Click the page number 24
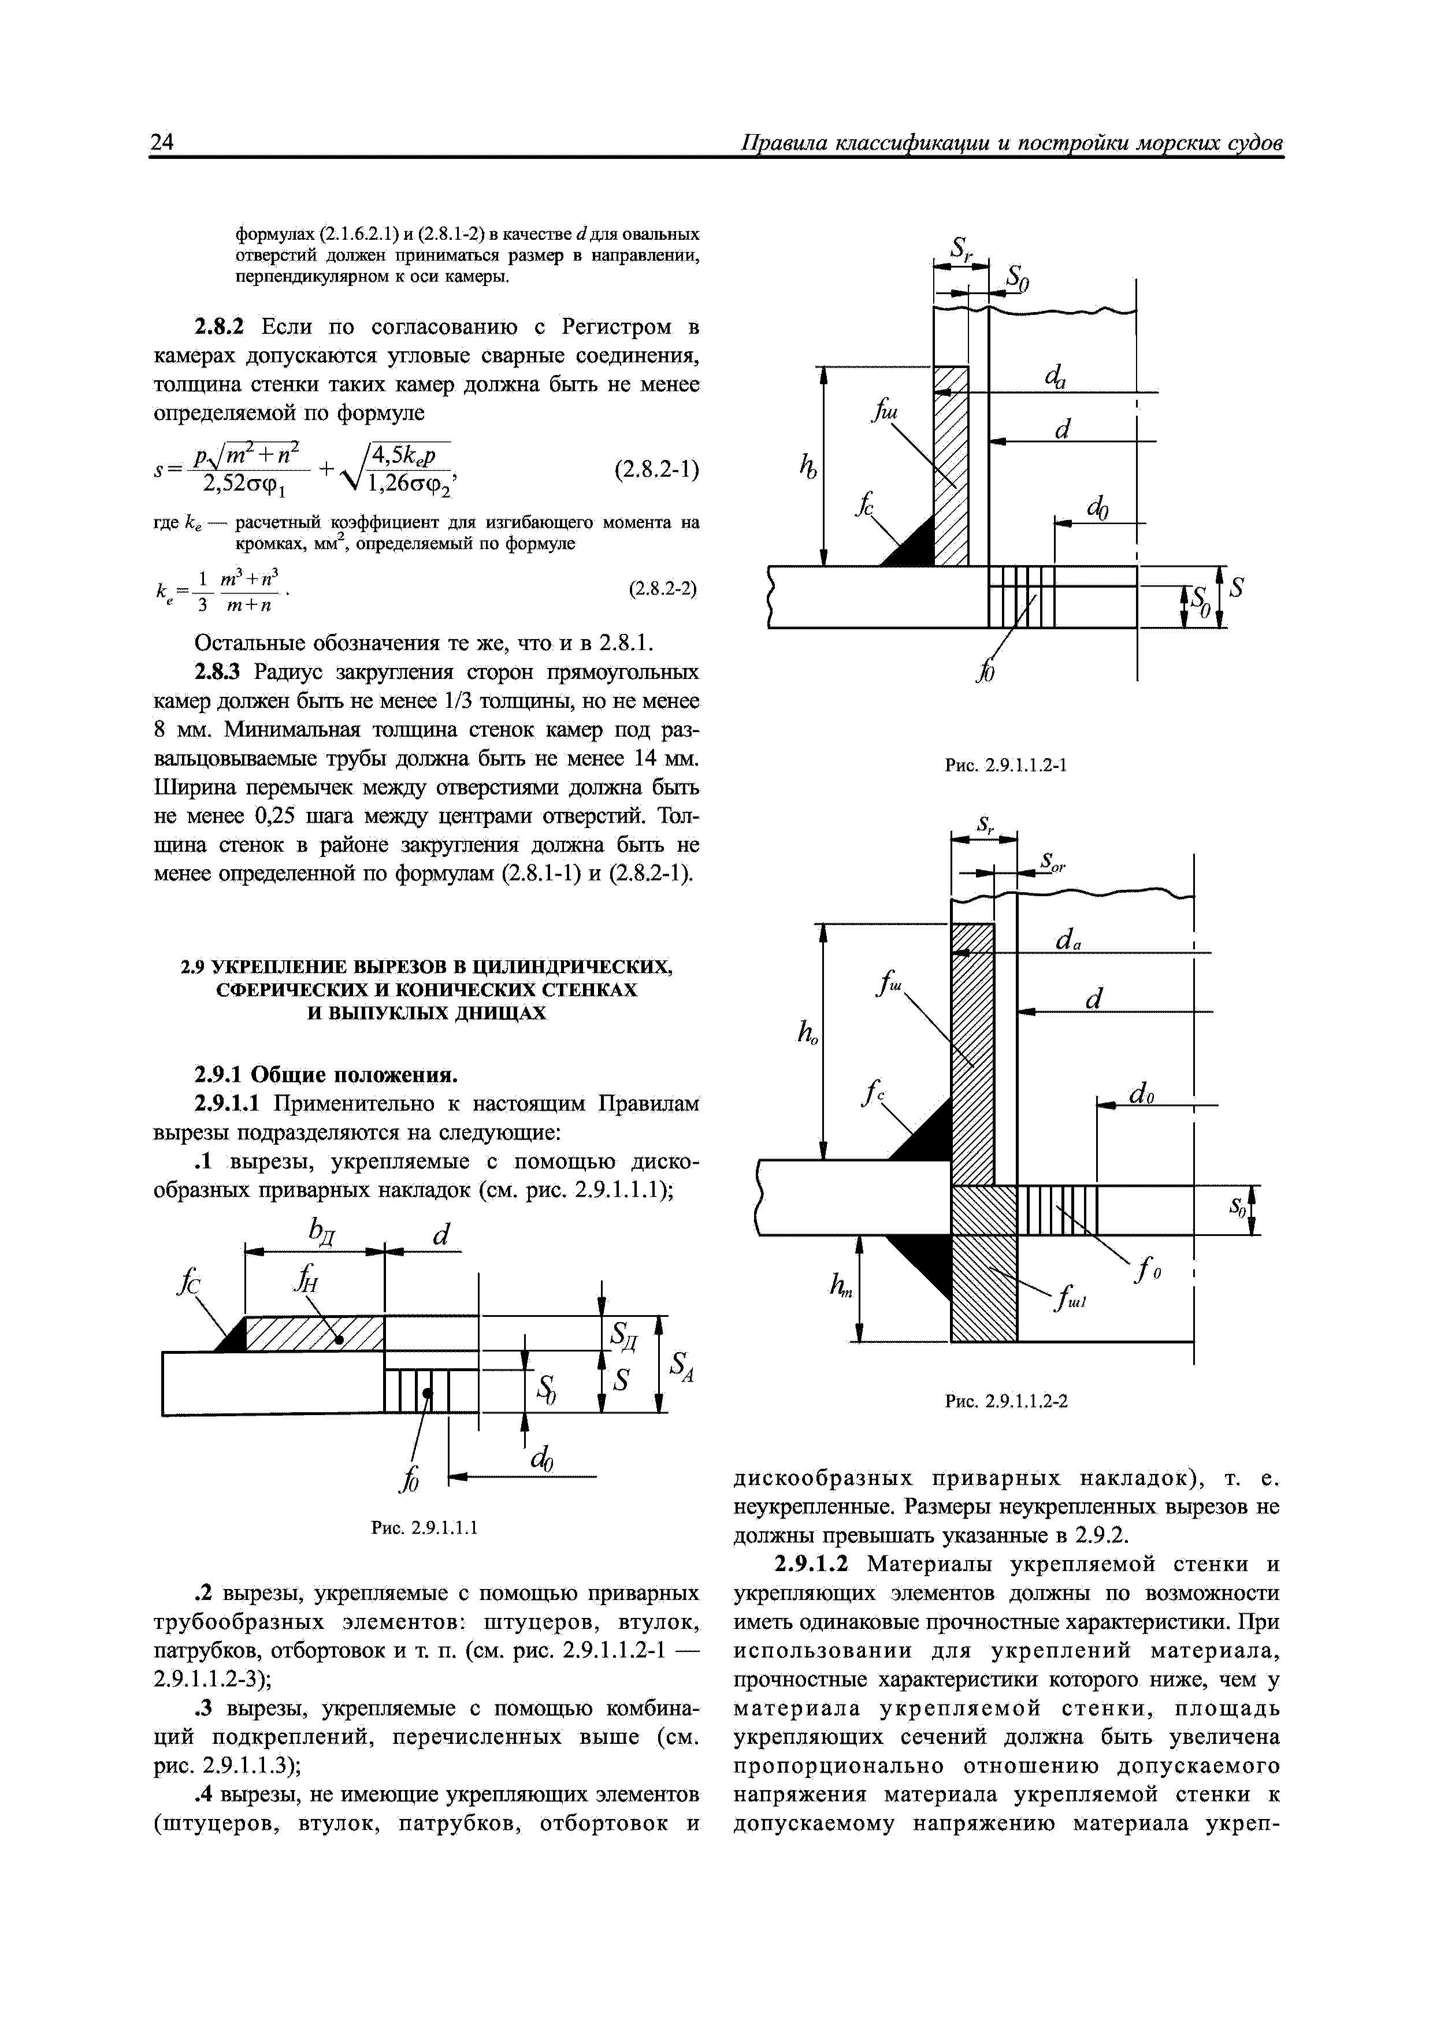[x=162, y=142]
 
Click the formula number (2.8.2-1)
[x=656, y=469]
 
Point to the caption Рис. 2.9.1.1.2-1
[x=1005, y=764]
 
